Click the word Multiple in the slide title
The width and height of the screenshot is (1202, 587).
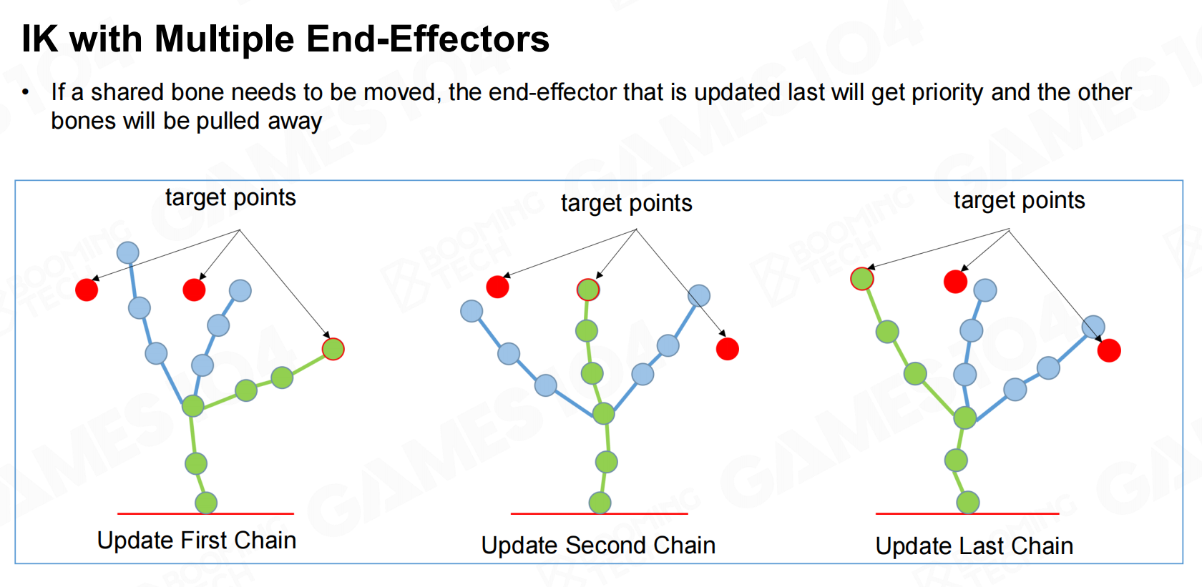[225, 39]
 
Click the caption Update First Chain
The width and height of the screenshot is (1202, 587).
[196, 540]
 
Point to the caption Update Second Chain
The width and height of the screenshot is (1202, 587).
[598, 546]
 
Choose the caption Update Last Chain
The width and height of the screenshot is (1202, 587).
[974, 546]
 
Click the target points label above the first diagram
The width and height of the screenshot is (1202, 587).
[230, 198]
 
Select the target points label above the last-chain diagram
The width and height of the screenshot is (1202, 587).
[1019, 200]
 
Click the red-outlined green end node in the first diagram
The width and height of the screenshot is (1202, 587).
[333, 349]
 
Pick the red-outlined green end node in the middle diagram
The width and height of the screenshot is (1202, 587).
[588, 290]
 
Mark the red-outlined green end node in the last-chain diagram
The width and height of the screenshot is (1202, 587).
[861, 279]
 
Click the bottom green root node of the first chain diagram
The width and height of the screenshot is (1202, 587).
[206, 503]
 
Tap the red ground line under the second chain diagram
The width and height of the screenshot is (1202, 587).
[599, 513]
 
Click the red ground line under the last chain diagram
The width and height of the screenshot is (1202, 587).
[967, 513]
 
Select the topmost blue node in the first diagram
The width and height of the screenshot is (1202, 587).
[127, 252]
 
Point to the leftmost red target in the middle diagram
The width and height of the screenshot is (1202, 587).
[497, 287]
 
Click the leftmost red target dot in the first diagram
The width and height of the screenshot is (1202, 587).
[87, 290]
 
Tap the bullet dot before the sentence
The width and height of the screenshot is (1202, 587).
[25, 93]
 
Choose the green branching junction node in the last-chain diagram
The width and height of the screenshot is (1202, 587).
[964, 418]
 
